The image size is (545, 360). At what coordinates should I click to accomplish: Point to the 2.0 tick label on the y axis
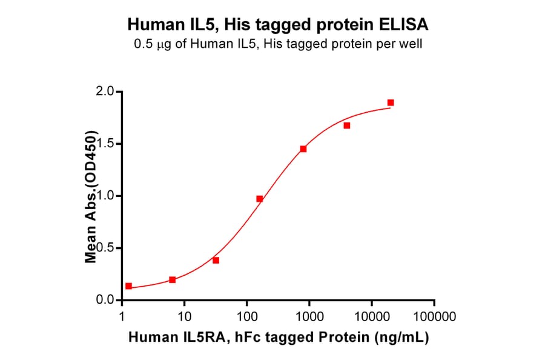coord(107,92)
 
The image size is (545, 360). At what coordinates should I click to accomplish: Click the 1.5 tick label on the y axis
coord(107,144)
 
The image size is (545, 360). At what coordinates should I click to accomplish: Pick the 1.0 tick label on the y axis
coord(107,196)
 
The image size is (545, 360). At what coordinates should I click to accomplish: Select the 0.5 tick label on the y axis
coord(107,248)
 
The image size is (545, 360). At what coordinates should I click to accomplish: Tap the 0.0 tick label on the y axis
coord(107,300)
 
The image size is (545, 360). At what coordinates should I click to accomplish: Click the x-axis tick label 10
coord(185,316)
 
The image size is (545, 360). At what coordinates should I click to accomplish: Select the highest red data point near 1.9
coord(391,102)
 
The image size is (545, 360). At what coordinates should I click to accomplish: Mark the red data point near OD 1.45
coord(303,148)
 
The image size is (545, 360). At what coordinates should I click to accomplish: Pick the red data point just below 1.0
coord(260,199)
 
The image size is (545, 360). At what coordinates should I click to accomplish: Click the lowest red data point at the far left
coord(128,286)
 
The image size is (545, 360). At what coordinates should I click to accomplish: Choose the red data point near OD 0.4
coord(216,260)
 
